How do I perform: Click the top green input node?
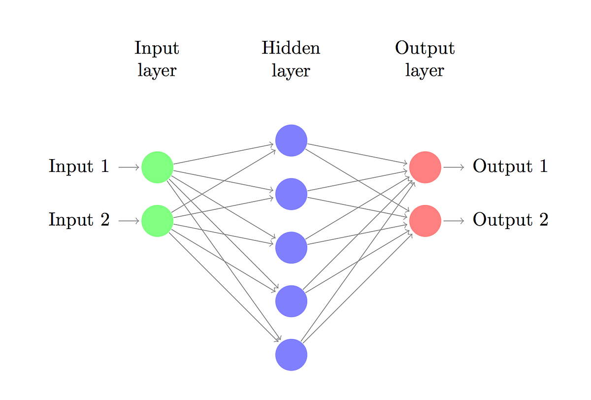157,167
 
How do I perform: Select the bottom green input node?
157,221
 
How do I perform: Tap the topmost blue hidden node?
291,140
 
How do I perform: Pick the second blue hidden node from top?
291,194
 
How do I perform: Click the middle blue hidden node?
291,247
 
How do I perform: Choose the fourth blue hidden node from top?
291,301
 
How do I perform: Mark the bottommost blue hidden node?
291,354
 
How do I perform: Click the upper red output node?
425,167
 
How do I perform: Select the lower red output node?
425,221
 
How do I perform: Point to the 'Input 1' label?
79,167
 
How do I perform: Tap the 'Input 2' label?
79,220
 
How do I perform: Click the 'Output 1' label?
510,167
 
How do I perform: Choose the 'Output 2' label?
510,220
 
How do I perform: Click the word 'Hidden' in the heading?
291,48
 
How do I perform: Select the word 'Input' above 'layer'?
157,49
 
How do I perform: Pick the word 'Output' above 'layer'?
425,49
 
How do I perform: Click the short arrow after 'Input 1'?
129,167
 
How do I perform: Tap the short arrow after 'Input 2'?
129,221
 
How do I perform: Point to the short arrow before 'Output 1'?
454,167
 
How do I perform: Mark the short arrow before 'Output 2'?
454,221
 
